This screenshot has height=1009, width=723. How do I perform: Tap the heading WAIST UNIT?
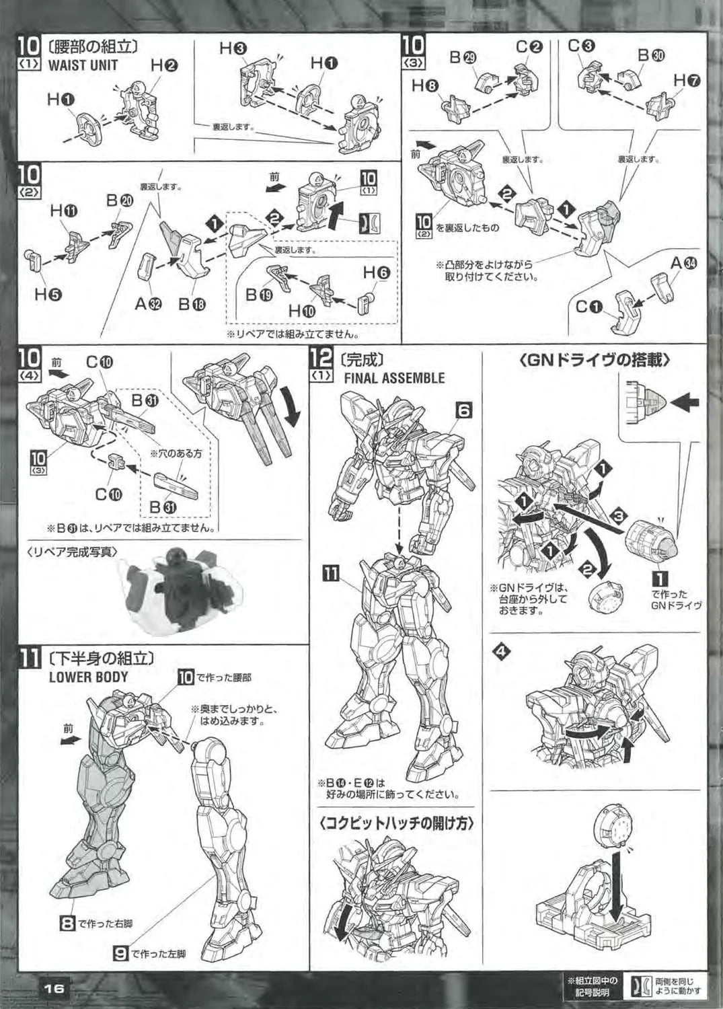(83, 65)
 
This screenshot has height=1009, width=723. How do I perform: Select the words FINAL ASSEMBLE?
(394, 378)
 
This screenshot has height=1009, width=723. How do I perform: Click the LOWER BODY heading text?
(88, 677)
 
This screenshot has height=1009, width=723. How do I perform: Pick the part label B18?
(192, 304)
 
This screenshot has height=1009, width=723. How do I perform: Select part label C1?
(590, 308)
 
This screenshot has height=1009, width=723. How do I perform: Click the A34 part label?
(683, 264)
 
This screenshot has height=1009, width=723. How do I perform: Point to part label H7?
(687, 81)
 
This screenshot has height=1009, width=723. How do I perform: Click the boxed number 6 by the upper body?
(466, 409)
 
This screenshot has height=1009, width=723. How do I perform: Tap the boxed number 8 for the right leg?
(67, 924)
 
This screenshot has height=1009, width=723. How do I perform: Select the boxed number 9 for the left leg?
(120, 953)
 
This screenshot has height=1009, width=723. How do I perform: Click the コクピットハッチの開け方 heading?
(395, 823)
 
